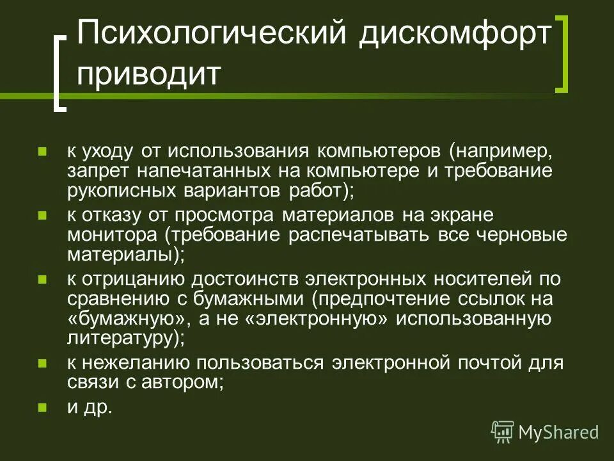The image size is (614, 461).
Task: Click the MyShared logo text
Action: pos(558,432)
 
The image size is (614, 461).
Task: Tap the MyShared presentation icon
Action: pos(502,432)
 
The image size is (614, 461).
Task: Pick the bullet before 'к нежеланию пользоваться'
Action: pos(43,363)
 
